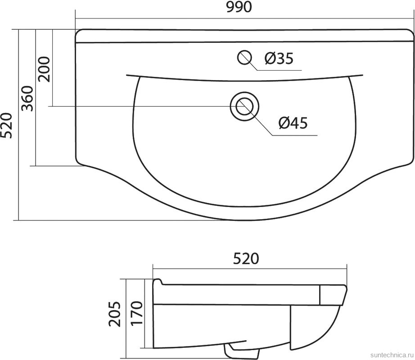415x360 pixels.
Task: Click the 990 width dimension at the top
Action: (x=238, y=8)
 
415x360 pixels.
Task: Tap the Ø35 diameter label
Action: (x=279, y=58)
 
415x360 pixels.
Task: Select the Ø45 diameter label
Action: (x=293, y=123)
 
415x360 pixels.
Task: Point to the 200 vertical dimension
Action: (x=44, y=69)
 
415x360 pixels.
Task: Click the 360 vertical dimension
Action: (x=27, y=99)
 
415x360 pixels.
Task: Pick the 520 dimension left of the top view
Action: (x=6, y=126)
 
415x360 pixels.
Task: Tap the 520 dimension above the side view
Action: (x=246, y=259)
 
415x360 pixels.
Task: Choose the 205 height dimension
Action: (x=115, y=314)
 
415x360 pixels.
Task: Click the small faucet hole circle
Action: (x=244, y=58)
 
